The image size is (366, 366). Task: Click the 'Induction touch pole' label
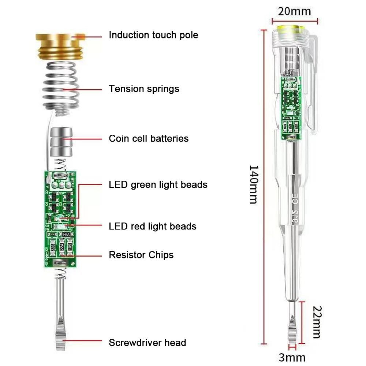pos(153,35)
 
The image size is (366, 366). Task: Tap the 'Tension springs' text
pos(144,89)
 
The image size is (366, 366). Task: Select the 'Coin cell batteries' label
pos(149,139)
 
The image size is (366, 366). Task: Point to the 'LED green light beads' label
pos(158,184)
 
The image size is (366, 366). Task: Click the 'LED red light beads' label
pos(153,227)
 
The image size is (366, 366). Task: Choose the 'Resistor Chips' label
pos(141,255)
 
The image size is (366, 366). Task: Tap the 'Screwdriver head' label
pos(147,343)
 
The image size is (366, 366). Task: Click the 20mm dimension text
pos(294,11)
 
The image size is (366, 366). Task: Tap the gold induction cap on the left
pos(60,46)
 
